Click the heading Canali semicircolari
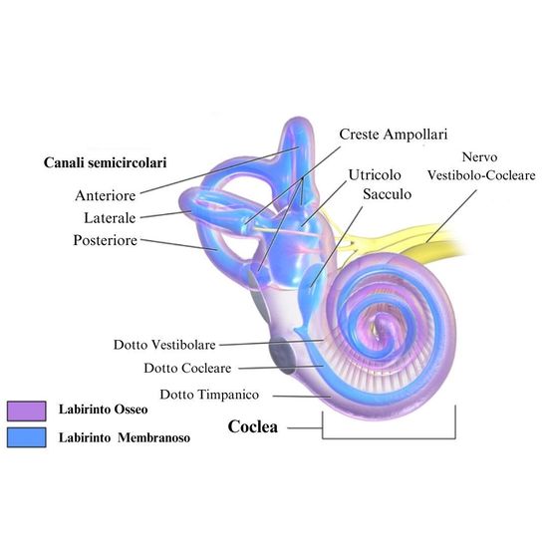106,162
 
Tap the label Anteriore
106,195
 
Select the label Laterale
110,218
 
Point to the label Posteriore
106,240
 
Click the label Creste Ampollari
394,135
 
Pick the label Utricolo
375,174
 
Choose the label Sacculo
387,194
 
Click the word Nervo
479,156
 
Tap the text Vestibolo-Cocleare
481,175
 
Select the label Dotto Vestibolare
164,345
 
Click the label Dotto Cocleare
187,368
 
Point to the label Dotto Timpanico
209,395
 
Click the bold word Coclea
253,426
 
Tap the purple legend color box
27,411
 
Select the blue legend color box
27,437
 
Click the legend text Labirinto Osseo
103,410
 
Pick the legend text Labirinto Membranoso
125,437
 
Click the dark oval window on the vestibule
282,355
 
